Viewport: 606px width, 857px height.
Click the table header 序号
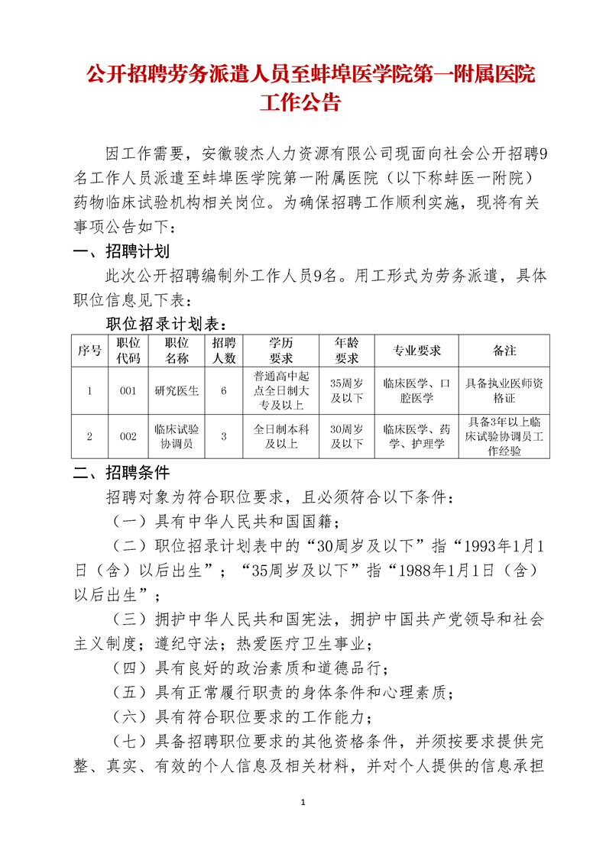89,351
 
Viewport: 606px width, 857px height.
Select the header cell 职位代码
128,351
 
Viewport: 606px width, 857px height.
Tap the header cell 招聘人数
224,351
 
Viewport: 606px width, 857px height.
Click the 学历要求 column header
280,351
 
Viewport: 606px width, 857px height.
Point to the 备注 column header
504,351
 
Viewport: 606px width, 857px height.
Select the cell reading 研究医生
177,391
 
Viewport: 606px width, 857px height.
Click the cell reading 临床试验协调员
177,436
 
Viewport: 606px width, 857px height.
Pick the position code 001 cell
128,391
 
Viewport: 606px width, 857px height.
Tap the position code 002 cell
128,436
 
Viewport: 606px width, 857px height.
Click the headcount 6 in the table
224,391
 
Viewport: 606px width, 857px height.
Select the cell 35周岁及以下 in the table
346,391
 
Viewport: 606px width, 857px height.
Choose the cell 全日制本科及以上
280,436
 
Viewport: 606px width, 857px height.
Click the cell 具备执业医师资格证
504,391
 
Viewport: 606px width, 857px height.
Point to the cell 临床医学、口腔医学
417,391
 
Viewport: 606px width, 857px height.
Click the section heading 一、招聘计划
121,252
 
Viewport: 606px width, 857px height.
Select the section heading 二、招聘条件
121,471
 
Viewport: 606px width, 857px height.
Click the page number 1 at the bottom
303,803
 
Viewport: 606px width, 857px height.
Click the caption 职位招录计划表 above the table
166,324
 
